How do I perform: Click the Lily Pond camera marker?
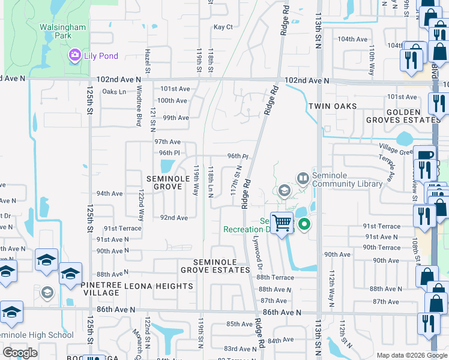tap(75, 56)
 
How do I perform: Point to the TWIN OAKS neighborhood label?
tap(333, 106)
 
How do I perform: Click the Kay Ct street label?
tap(223, 27)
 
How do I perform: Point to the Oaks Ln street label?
tap(114, 91)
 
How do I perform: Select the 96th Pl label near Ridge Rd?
tap(238, 156)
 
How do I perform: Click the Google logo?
tap(20, 353)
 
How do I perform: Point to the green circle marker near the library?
tap(304, 225)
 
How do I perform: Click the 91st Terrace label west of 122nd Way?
tap(122, 229)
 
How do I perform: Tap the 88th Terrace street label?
tap(275, 277)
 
